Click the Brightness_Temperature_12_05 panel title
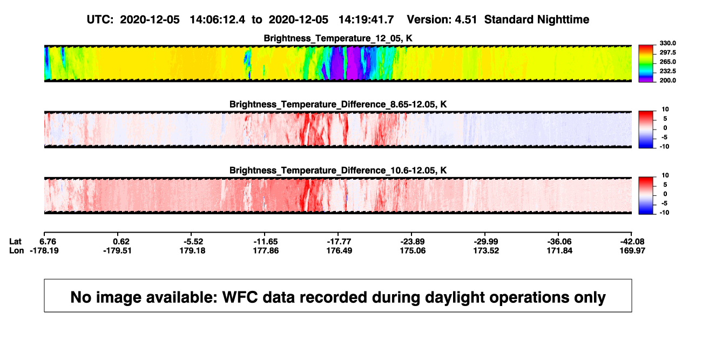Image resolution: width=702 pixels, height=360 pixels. tap(338, 38)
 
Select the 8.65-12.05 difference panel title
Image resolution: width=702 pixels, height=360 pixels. tap(338, 104)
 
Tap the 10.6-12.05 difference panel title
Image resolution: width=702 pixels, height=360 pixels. tap(338, 171)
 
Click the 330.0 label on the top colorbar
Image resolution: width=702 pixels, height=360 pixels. tap(667, 43)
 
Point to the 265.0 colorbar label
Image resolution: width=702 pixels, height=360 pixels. tap(667, 62)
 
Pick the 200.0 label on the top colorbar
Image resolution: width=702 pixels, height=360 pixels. tap(667, 80)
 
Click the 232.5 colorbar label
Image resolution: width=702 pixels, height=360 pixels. tap(667, 71)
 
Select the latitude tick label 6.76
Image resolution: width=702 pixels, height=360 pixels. tap(48, 242)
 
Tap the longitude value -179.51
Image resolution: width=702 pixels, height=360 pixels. tap(117, 250)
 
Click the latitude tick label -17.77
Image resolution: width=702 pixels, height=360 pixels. tap(339, 242)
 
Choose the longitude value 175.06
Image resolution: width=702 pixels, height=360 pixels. tap(413, 250)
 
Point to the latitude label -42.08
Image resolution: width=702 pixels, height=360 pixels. tap(632, 242)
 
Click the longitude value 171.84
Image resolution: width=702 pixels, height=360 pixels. tap(559, 250)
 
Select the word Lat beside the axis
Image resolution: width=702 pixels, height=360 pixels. tap(15, 242)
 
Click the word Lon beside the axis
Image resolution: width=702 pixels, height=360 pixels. tap(17, 250)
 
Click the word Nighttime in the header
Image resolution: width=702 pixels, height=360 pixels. tap(563, 20)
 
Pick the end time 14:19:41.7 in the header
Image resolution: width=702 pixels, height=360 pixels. tap(366, 20)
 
